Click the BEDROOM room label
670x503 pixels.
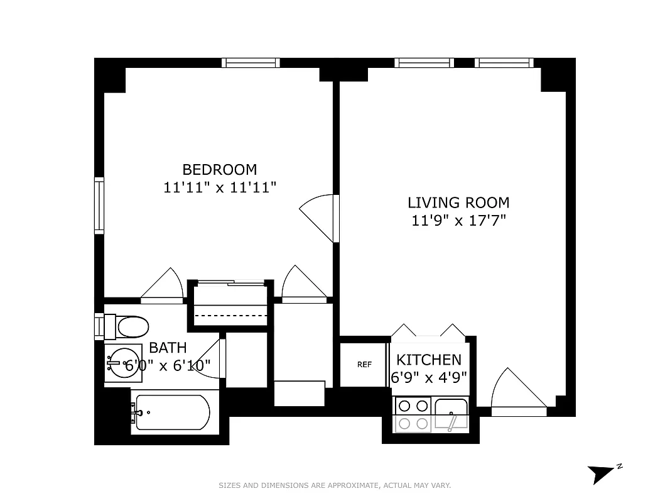(219, 169)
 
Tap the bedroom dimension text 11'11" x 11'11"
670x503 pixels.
(219, 187)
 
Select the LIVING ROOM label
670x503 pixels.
(458, 202)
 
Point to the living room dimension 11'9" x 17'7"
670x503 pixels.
(458, 221)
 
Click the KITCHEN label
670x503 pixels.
(429, 360)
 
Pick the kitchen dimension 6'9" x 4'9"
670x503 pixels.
(429, 379)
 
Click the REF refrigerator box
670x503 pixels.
(364, 365)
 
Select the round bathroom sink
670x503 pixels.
(121, 362)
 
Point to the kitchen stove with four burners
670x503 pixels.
(413, 415)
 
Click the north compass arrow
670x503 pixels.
(601, 473)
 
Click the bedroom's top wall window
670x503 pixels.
(251, 62)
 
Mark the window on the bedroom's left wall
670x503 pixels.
(99, 206)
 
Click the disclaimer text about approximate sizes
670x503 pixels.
(335, 485)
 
